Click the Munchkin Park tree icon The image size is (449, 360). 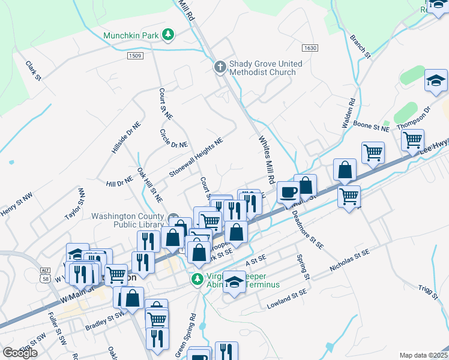[169, 35]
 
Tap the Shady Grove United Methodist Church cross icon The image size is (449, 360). [220, 68]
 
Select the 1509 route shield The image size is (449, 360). [135, 56]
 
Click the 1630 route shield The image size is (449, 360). [309, 47]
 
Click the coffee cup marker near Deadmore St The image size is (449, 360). [289, 193]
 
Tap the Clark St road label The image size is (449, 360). [33, 70]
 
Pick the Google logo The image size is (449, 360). [20, 353]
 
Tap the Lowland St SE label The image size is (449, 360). [290, 298]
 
